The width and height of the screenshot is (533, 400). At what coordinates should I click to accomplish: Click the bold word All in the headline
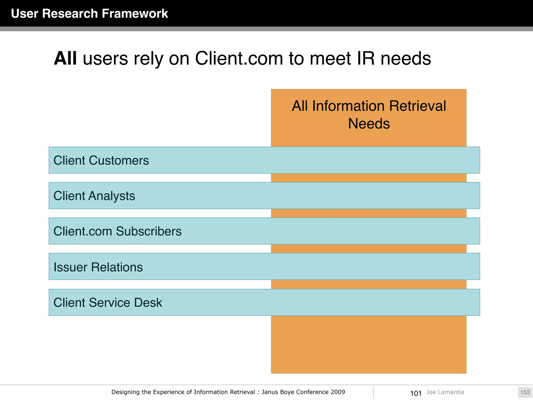point(65,58)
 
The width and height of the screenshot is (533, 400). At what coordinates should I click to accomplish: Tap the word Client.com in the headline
point(239,58)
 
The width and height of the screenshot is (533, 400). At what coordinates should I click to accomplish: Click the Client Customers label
point(101,160)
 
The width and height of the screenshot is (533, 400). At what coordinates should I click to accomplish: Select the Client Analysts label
point(94,196)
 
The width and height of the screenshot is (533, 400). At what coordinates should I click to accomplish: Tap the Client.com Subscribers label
point(117,231)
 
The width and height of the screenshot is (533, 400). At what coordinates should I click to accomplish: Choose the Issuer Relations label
point(98,267)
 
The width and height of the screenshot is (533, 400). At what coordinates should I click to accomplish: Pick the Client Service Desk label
point(108,303)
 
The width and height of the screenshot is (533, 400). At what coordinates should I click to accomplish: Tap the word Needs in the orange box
point(369,123)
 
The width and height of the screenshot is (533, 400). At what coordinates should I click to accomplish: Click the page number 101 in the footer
point(416,393)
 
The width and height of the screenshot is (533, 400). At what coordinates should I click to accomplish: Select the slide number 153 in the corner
point(525,392)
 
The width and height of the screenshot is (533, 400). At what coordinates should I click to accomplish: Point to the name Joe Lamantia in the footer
point(445,392)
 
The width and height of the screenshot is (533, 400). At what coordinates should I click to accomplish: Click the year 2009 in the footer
point(338,392)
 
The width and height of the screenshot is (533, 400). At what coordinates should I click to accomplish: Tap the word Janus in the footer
point(270,392)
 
